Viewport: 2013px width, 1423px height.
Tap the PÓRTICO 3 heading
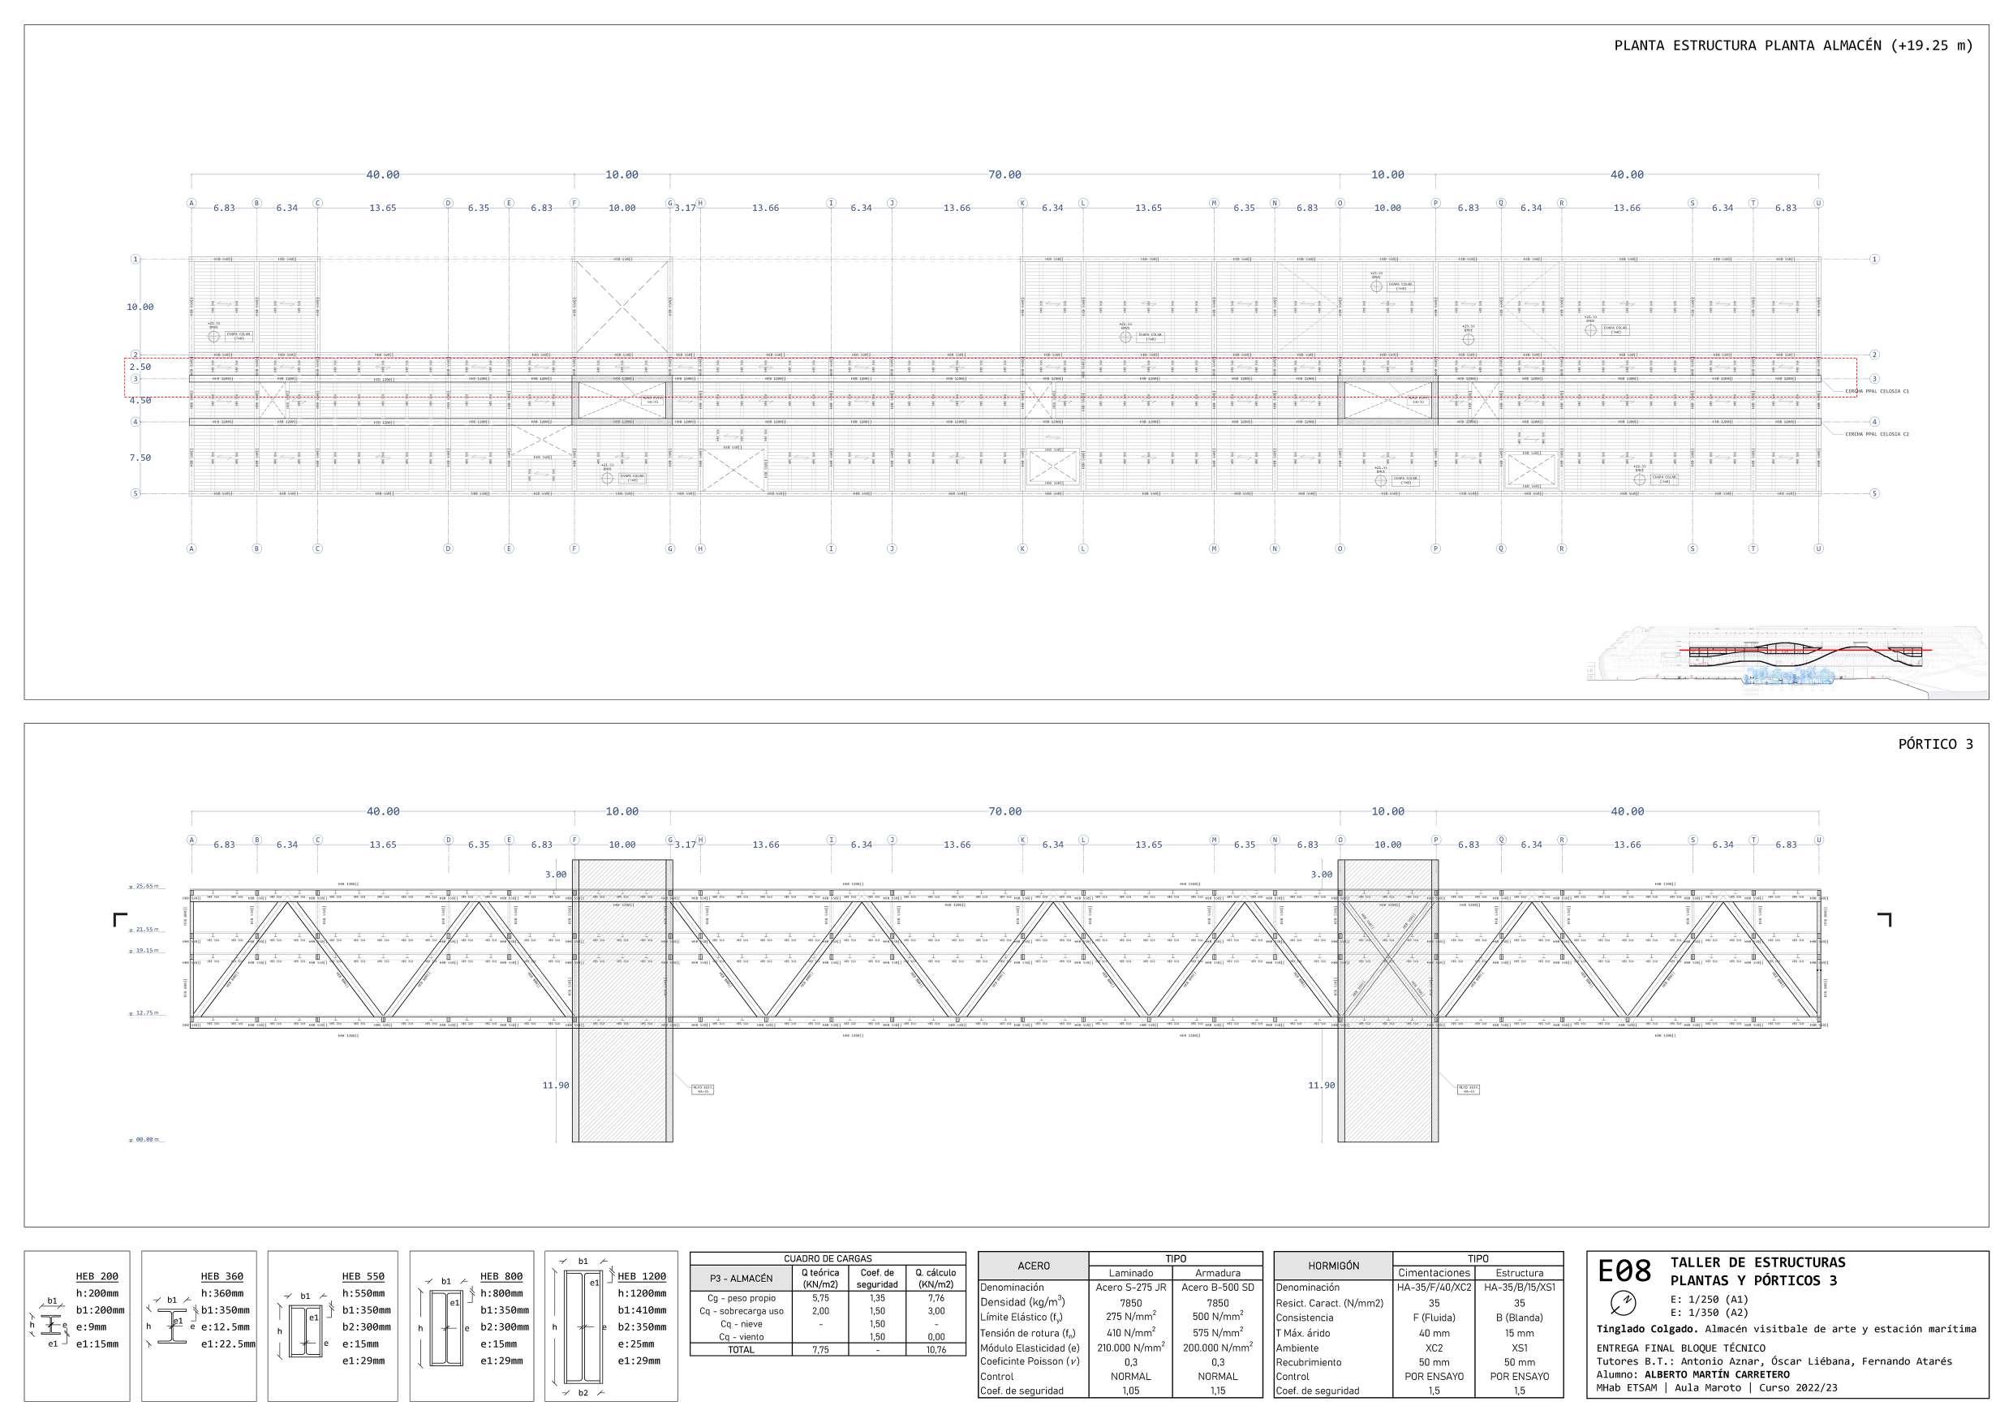(x=1935, y=745)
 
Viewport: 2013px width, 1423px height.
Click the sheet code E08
(x=1624, y=1271)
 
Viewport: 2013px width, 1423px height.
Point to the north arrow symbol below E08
(x=1624, y=1302)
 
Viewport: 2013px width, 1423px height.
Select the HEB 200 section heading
(x=97, y=1277)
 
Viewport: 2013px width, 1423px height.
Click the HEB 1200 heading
(x=642, y=1277)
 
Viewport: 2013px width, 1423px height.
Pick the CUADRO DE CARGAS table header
(x=828, y=1259)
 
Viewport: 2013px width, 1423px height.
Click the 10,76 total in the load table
(x=936, y=1350)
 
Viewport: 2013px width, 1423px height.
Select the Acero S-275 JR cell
(x=1131, y=1288)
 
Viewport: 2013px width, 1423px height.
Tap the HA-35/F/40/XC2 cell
(x=1434, y=1288)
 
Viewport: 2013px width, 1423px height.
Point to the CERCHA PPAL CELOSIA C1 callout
(x=1878, y=391)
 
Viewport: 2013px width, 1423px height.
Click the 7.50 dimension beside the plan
(x=140, y=458)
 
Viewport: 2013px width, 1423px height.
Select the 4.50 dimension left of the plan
(x=140, y=401)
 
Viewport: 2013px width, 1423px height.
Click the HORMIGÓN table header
(x=1334, y=1266)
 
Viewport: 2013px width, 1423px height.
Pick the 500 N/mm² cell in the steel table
(x=1218, y=1317)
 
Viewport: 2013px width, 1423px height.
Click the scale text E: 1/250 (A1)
(x=1709, y=1300)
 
